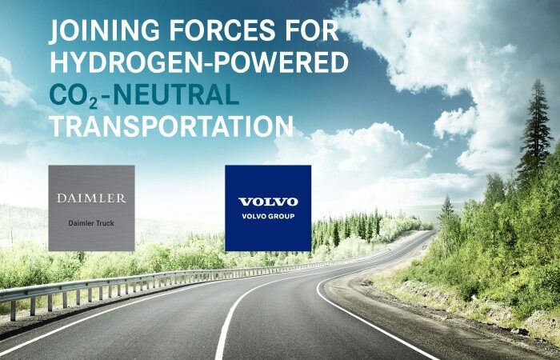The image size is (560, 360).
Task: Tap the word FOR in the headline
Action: (312, 30)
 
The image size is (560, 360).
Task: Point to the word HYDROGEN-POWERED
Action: (199, 62)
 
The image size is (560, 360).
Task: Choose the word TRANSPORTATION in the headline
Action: (171, 126)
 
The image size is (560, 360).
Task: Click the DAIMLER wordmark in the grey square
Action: (91, 198)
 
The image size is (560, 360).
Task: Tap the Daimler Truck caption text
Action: (91, 223)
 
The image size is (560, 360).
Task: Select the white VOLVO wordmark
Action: (268, 202)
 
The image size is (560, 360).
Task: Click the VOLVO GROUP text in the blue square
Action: (268, 216)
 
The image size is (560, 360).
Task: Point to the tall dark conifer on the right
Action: (535, 132)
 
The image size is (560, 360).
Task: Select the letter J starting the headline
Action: (54, 32)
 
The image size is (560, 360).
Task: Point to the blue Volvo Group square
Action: (268, 208)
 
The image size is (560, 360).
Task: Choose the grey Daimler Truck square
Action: (91, 208)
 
